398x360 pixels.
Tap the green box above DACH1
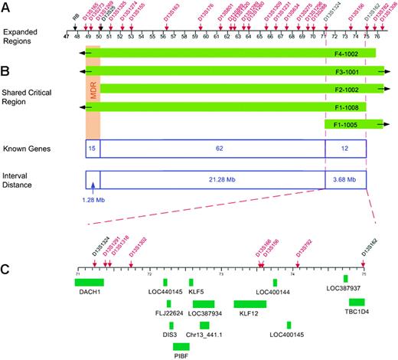(90, 283)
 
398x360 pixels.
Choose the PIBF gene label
(181, 356)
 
